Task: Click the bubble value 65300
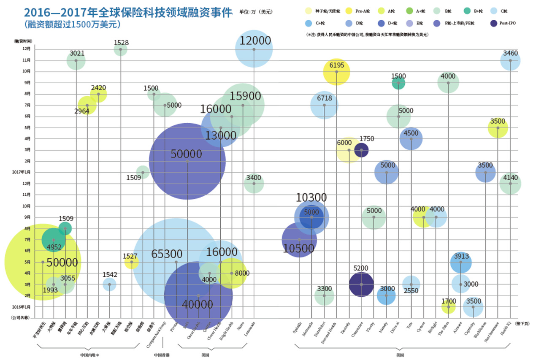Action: [167, 254]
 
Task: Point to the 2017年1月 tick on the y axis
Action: [22, 172]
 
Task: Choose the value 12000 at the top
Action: [255, 41]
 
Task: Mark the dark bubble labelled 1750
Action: [361, 150]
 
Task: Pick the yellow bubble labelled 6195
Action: [336, 72]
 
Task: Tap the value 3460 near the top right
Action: [510, 53]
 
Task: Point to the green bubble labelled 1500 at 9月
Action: [398, 83]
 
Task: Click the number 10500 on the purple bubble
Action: [298, 248]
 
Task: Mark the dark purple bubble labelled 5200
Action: [362, 284]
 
